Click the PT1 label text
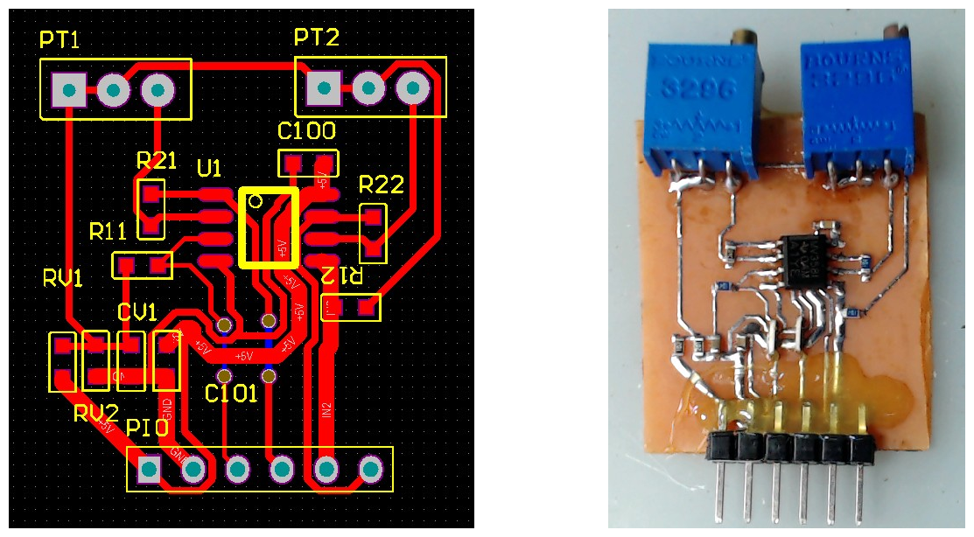click(60, 39)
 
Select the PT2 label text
click(316, 38)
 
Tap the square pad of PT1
click(69, 88)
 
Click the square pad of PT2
click(324, 87)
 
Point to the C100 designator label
click(306, 132)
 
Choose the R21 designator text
click(157, 161)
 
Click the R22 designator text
click(382, 185)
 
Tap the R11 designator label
click(109, 232)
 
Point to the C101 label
click(231, 394)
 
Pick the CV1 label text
click(137, 312)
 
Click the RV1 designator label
click(63, 279)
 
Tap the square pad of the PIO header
click(150, 471)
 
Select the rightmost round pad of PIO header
click(371, 471)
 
